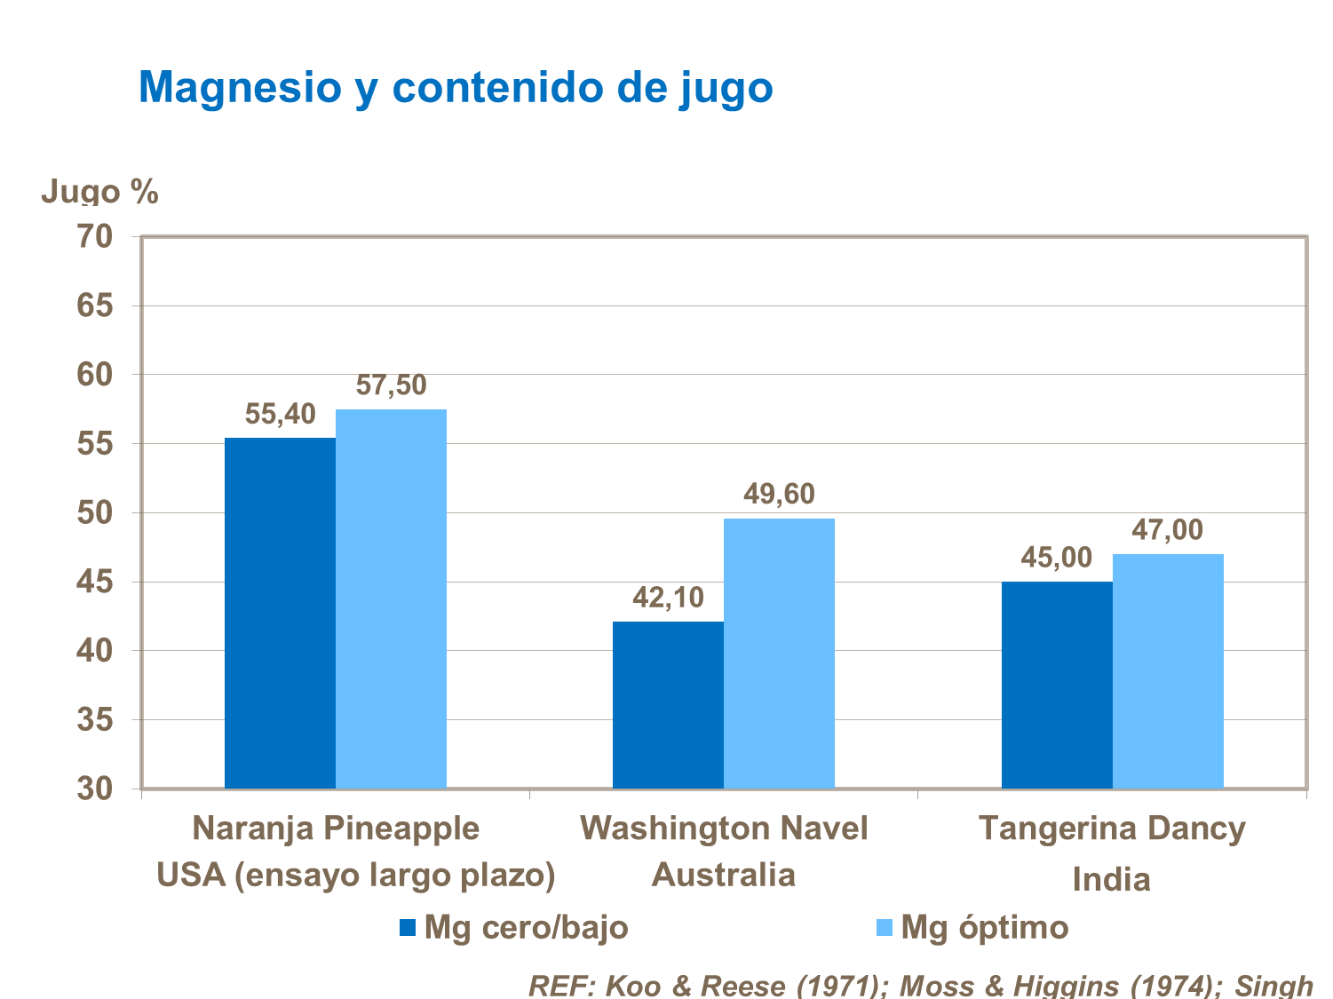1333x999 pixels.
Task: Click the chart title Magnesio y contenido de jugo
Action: point(456,88)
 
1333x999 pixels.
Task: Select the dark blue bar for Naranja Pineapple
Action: point(280,613)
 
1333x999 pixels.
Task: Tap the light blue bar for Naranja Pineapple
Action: point(391,599)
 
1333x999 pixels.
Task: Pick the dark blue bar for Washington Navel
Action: point(668,705)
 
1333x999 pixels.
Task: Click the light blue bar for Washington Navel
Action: point(779,654)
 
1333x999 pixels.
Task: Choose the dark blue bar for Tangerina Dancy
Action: point(1057,685)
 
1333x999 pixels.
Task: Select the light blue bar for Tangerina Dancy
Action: point(1168,671)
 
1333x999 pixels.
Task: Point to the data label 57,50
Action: point(391,385)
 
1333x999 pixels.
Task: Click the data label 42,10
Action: point(668,598)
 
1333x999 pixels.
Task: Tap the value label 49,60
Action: point(779,495)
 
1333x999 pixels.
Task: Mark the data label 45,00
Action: point(1056,558)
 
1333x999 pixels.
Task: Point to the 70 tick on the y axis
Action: point(95,237)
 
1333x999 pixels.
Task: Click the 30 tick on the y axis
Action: point(95,789)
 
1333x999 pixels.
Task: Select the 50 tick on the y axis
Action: point(95,513)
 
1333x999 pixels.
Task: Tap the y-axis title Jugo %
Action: point(99,192)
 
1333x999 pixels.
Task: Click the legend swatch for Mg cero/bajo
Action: point(408,928)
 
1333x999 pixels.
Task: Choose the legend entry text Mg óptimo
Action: point(984,927)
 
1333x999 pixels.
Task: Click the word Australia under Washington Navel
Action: point(724,876)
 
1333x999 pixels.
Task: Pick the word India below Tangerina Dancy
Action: point(1111,880)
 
